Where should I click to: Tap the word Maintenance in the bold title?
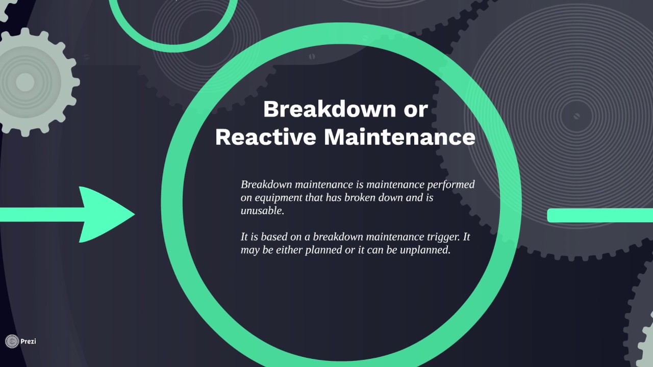[x=399, y=137]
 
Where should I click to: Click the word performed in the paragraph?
[x=450, y=184]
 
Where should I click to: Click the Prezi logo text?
[x=28, y=341]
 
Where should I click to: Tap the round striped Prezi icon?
[x=12, y=341]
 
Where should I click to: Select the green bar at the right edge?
[x=600, y=216]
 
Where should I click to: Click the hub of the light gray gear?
[x=24, y=82]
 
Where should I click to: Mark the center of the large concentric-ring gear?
[x=576, y=116]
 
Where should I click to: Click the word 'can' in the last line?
[x=390, y=250]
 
